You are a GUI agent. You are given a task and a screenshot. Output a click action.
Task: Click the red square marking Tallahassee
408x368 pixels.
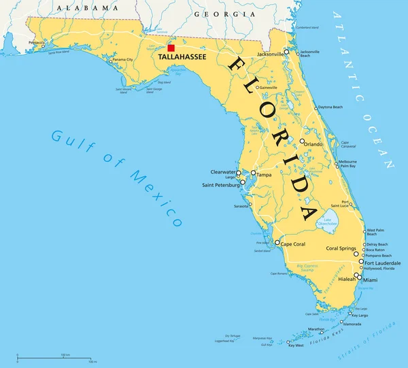(171, 48)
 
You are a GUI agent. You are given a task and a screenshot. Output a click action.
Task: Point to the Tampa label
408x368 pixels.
(264, 174)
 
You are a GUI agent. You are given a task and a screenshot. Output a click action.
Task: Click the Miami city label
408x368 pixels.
(370, 280)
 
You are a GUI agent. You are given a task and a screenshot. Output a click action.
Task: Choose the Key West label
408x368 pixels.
(295, 346)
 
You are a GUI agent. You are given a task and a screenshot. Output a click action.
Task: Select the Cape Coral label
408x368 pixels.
(296, 244)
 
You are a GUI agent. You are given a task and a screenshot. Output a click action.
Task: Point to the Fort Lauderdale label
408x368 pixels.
(383, 263)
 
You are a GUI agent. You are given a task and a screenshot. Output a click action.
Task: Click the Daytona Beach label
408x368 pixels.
(330, 107)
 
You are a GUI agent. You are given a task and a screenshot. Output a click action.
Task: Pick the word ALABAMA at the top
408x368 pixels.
(87, 7)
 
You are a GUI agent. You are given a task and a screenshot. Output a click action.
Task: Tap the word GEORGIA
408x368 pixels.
(216, 14)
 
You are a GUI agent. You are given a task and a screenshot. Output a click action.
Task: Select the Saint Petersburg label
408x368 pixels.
(220, 185)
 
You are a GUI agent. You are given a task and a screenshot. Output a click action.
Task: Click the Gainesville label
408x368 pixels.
(267, 88)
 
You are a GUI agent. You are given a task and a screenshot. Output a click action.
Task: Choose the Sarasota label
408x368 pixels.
(241, 205)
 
